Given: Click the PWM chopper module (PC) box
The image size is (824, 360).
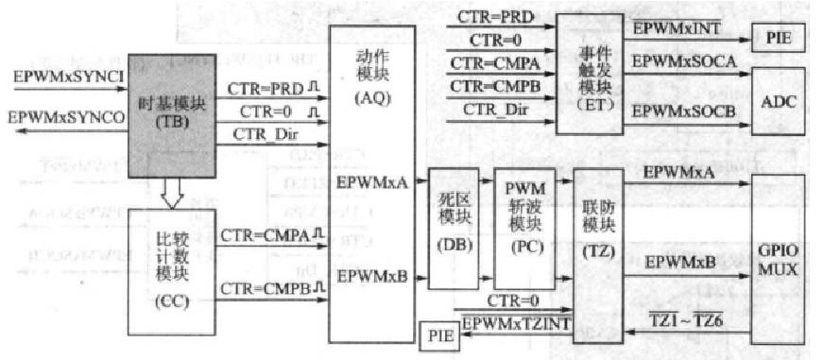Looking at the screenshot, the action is pyautogui.click(x=524, y=228).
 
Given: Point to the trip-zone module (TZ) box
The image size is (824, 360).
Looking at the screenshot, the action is pyautogui.click(x=595, y=228).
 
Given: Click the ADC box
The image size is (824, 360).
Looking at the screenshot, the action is pyautogui.click(x=778, y=101).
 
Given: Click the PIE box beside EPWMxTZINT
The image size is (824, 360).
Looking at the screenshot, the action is pyautogui.click(x=438, y=333).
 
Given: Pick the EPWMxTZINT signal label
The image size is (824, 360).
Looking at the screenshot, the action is pyautogui.click(x=512, y=323).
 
